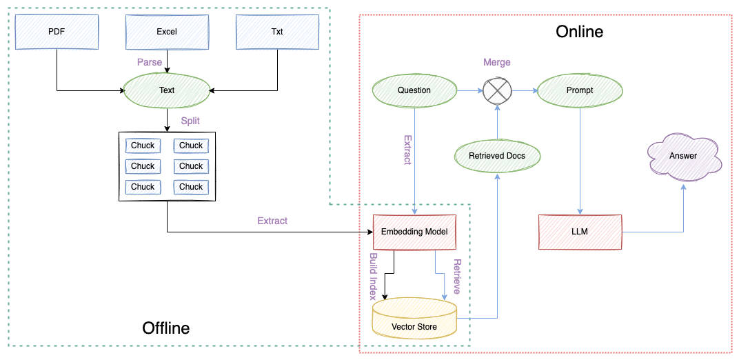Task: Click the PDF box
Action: click(57, 32)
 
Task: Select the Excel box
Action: click(167, 32)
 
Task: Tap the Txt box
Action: click(277, 32)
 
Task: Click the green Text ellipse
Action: click(167, 90)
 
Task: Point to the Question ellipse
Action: click(414, 90)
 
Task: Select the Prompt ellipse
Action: click(579, 90)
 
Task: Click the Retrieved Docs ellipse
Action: click(497, 156)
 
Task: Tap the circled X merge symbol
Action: click(497, 90)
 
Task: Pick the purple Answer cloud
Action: click(683, 157)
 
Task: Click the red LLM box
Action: click(580, 232)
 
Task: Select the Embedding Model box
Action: click(414, 232)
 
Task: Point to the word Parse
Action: click(150, 62)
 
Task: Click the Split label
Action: click(190, 121)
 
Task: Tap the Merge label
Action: click(497, 62)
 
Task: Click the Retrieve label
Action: click(456, 277)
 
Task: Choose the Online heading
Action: click(579, 32)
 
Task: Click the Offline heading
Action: click(165, 328)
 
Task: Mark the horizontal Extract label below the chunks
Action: click(272, 221)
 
